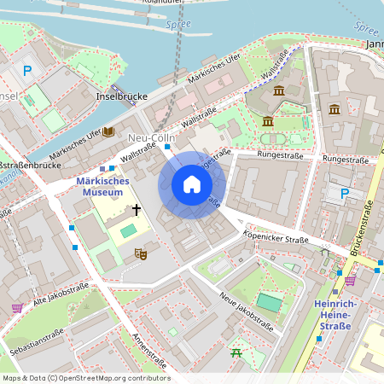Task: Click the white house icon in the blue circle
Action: [192, 184]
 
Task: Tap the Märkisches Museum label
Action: [102, 187]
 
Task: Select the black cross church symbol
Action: [135, 209]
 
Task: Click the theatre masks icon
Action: [141, 253]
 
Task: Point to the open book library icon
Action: [108, 131]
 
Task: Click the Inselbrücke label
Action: [123, 96]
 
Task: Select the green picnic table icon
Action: [236, 352]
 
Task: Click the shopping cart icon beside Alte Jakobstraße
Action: [16, 308]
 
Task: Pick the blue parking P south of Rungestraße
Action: [345, 194]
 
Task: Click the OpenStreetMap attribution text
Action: [86, 378]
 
